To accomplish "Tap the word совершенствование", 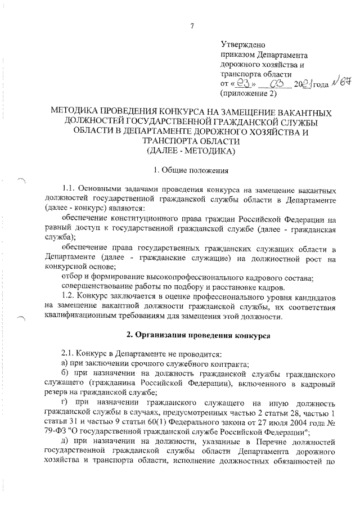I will tap(97, 285).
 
